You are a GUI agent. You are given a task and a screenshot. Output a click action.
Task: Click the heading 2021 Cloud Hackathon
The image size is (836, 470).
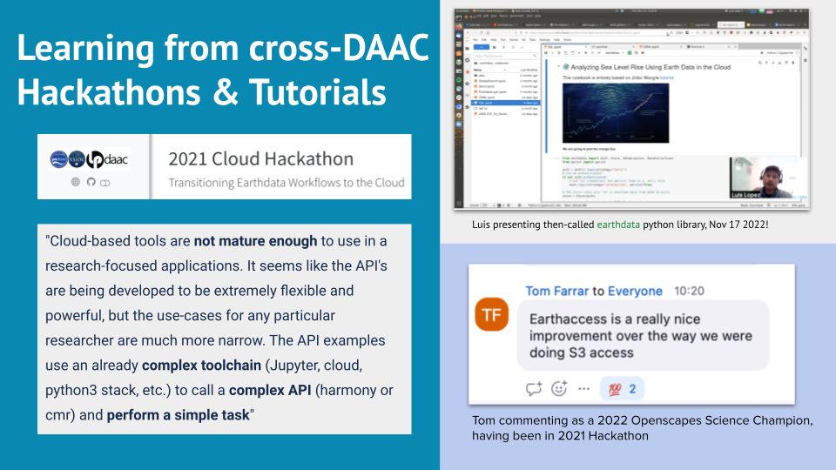pos(260,159)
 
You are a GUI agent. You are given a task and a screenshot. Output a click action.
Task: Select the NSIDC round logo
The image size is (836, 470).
pos(78,159)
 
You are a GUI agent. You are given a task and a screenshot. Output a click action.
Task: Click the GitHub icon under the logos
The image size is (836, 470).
pos(91,183)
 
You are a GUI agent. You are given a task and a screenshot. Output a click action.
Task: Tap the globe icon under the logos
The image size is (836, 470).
pos(76,183)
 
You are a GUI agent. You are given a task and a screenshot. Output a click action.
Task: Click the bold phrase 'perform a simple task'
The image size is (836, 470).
pos(178,415)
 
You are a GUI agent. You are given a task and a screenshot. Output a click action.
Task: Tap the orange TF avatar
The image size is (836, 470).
pos(493,314)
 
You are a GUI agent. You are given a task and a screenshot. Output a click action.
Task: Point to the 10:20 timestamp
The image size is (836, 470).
pos(691,291)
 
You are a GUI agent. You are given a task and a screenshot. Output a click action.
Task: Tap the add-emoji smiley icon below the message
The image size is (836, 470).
pos(559,388)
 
